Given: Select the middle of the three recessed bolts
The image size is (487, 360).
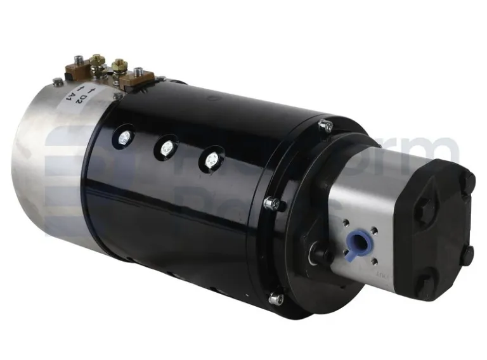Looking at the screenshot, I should click(x=167, y=148).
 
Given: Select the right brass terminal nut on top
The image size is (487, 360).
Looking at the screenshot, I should click(x=119, y=65).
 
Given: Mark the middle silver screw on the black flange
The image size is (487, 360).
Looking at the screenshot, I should click(x=274, y=203).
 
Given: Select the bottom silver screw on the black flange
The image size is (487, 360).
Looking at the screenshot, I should click(x=276, y=298).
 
